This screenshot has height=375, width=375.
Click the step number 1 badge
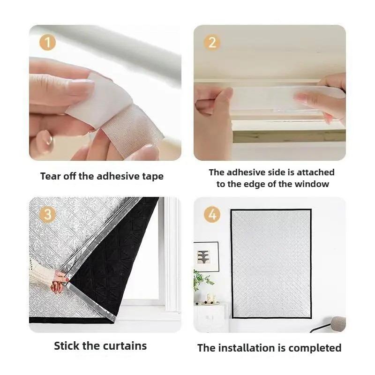tap(48, 43)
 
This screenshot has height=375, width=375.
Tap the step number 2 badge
tap(212, 43)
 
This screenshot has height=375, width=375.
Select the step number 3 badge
tap(48, 214)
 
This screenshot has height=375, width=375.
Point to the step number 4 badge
tap(212, 214)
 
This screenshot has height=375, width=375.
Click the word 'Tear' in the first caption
tap(50, 176)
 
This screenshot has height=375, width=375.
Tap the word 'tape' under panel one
tap(153, 177)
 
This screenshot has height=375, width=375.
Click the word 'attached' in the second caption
tap(315, 172)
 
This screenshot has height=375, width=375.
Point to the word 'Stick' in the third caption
tap(67, 346)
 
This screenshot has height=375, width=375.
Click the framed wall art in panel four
tap(206, 257)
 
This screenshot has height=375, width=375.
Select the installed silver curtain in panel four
tap(271, 263)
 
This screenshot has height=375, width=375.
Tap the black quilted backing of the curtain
tap(112, 263)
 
